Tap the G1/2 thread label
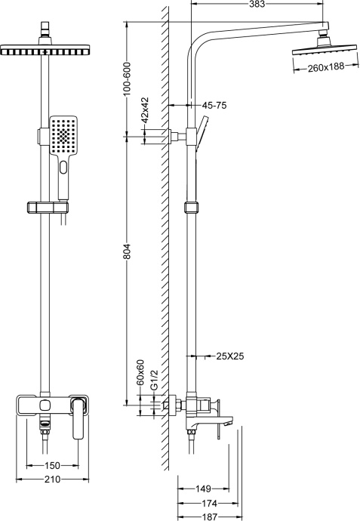tap(154, 380)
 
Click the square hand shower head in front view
tap(63, 136)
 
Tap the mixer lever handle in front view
tap(78, 418)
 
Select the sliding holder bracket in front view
tap(45, 207)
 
